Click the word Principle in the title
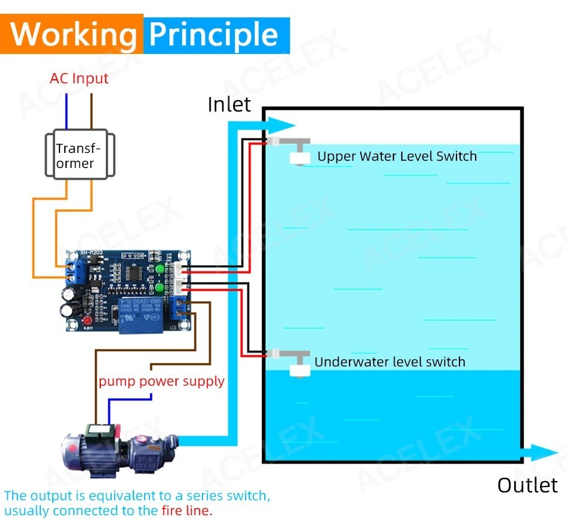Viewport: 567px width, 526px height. click(x=214, y=35)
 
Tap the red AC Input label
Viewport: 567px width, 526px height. click(x=79, y=79)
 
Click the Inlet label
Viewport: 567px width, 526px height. click(x=229, y=104)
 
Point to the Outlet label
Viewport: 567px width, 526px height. click(x=527, y=485)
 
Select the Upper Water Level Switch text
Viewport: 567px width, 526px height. click(x=396, y=157)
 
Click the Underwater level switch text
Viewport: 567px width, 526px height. click(x=390, y=362)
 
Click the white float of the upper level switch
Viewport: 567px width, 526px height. click(x=299, y=158)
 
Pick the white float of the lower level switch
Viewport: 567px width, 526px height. click(x=299, y=369)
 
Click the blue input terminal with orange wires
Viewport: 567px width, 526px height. click(x=76, y=273)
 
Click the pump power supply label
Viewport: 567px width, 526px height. click(x=162, y=381)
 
